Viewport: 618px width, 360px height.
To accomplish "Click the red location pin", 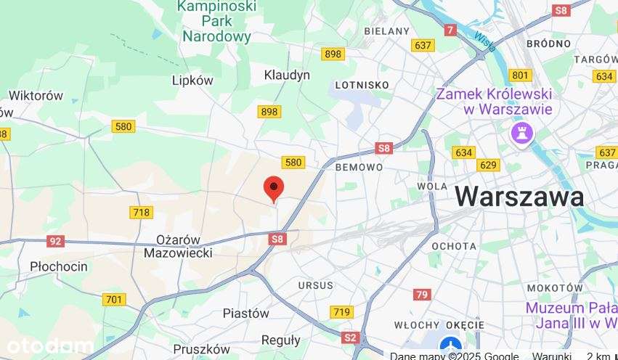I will (273, 188).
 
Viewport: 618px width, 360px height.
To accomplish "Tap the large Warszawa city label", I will (519, 196).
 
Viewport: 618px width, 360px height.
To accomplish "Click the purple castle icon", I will (522, 133).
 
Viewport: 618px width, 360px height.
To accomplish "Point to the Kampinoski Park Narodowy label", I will (216, 22).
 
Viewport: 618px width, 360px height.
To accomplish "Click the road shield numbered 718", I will (141, 212).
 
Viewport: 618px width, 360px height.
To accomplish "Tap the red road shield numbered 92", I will (56, 241).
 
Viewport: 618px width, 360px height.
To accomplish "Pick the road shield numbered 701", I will (114, 299).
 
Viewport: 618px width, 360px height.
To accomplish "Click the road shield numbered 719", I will (342, 312).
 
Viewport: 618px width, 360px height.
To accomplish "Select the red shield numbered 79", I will (422, 295).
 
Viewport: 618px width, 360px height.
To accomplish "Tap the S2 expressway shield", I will (351, 337).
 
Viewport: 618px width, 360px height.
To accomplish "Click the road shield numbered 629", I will (489, 165).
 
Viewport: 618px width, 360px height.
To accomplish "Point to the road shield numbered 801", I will (520, 75).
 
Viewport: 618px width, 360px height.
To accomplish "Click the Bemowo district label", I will (359, 167).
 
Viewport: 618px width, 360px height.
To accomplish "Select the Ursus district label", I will (315, 285).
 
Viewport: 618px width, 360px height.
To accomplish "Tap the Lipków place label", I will (192, 81).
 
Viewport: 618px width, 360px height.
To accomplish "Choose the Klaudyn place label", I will (287, 75).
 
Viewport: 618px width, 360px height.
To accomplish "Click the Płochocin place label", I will (59, 266).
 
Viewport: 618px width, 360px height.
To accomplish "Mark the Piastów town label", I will (245, 314).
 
